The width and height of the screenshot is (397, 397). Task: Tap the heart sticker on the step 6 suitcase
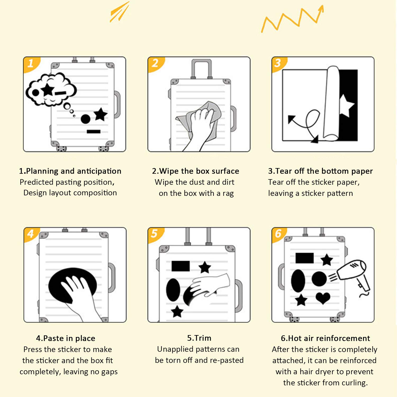323,298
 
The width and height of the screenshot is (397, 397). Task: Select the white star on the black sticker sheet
346,105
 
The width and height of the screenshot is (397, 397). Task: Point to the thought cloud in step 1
51,89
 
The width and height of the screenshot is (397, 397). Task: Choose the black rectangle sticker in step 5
181,266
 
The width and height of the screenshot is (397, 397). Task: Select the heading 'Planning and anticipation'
74,171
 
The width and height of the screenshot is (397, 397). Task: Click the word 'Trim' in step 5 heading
203,338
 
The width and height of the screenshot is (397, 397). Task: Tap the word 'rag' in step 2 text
228,193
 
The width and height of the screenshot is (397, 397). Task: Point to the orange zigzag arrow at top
292,19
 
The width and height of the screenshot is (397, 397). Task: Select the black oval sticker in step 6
298,281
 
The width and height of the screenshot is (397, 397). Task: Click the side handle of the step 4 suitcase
112,278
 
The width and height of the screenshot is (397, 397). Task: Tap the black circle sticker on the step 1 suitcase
85,119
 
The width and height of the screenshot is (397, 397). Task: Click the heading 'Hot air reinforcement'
329,338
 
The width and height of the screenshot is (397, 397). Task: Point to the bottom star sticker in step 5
177,312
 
